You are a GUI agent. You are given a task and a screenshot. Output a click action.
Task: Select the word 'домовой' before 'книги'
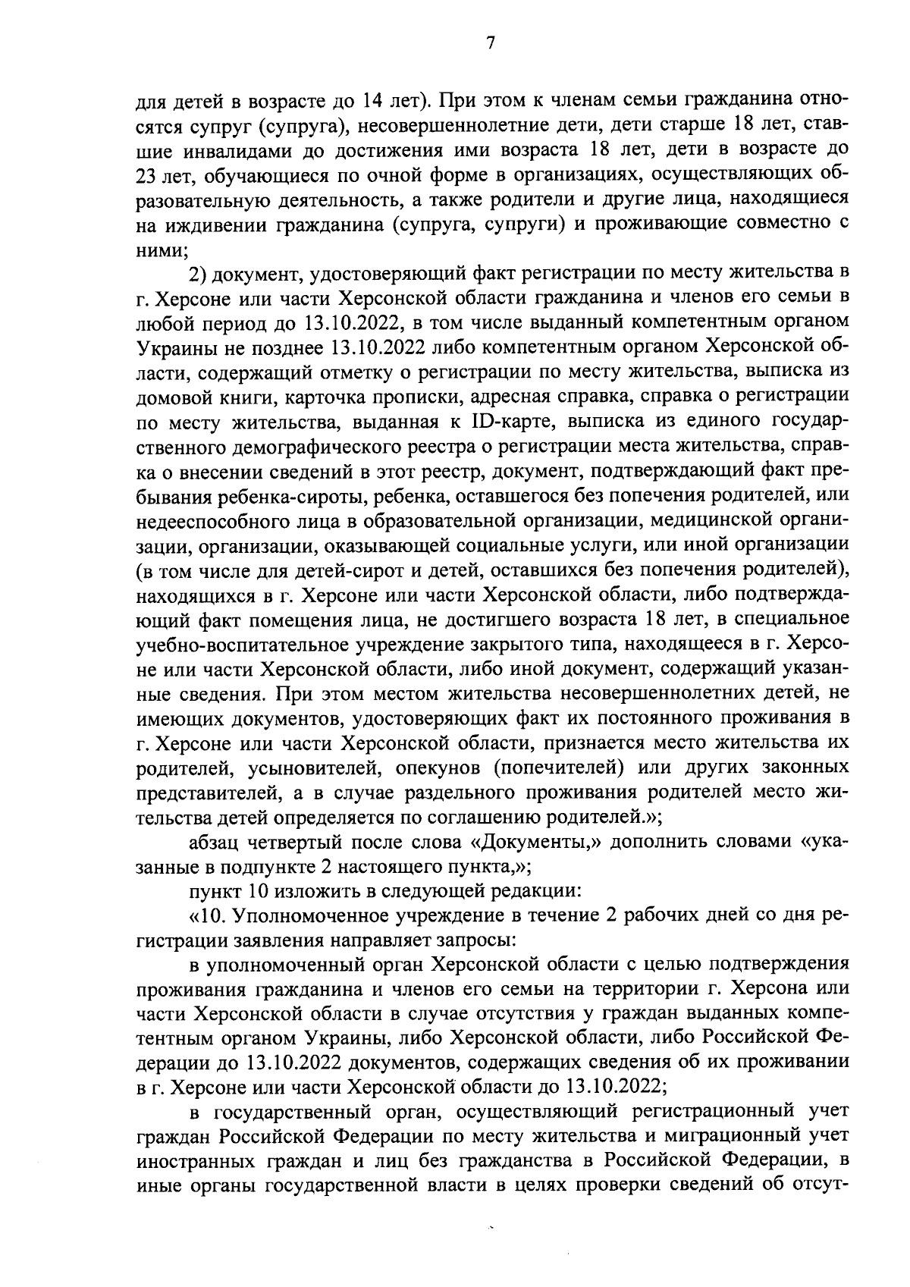point(171,397)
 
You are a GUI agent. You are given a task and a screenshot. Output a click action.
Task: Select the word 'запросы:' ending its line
point(481,941)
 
